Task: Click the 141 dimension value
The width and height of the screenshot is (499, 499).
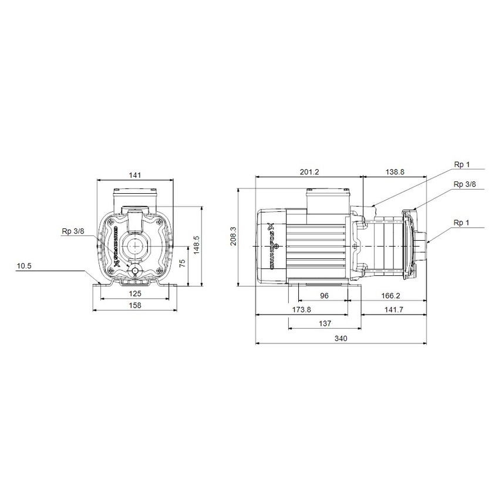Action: [x=136, y=175]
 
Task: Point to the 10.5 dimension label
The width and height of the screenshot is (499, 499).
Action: [x=24, y=266]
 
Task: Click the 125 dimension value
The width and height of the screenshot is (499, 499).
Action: [x=136, y=294]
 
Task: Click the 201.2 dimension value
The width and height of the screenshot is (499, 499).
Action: [x=309, y=171]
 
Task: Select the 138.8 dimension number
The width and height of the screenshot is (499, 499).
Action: [x=394, y=171]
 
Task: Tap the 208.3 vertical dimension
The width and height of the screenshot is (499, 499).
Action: [x=234, y=237]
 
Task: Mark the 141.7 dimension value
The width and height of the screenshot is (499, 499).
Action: [x=394, y=309]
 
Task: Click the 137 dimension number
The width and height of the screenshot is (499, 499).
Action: [x=324, y=323]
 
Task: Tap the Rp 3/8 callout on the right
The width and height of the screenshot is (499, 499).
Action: [x=464, y=184]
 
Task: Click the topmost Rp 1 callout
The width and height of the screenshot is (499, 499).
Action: [x=462, y=165]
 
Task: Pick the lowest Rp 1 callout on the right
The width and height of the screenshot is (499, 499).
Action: [x=462, y=222]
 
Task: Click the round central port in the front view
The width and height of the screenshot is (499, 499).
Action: [x=136, y=245]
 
